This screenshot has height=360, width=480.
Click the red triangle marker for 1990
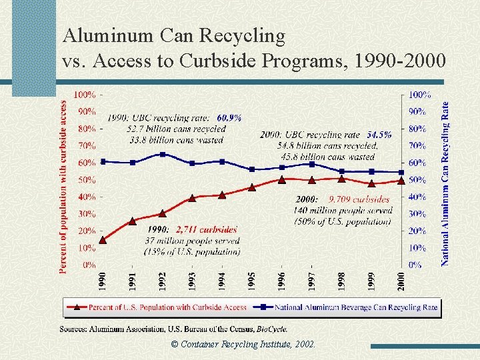tap(102, 240)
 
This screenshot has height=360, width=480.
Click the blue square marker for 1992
tap(162, 154)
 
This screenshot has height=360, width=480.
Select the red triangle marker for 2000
tap(401, 180)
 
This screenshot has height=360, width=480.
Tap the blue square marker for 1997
tap(311, 164)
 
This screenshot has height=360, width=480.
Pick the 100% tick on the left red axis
tap(85, 95)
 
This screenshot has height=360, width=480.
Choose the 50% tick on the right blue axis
tap(418, 180)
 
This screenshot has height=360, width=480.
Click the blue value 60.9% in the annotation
tap(229, 118)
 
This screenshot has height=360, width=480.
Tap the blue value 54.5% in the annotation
tap(379, 135)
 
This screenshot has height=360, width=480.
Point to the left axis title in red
tap(64, 187)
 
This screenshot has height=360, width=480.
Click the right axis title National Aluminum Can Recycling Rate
tap(445, 183)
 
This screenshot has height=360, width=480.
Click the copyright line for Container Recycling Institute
tap(243, 345)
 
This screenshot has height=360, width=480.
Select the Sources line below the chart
tap(174, 329)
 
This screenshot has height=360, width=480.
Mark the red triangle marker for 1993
tap(192, 198)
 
